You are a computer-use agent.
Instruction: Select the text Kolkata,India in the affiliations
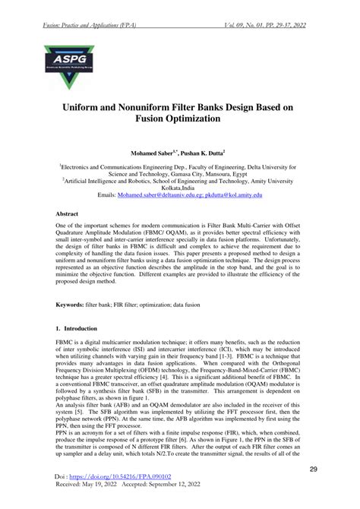click(179, 187)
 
